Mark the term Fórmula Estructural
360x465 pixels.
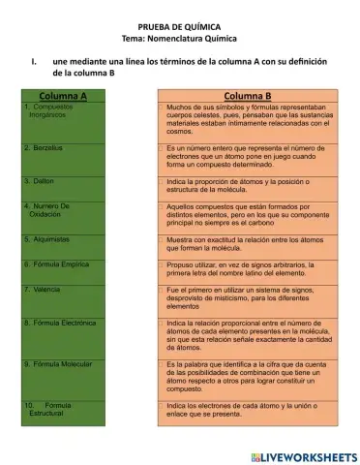point(48,409)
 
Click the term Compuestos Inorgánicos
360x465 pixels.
point(48,109)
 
